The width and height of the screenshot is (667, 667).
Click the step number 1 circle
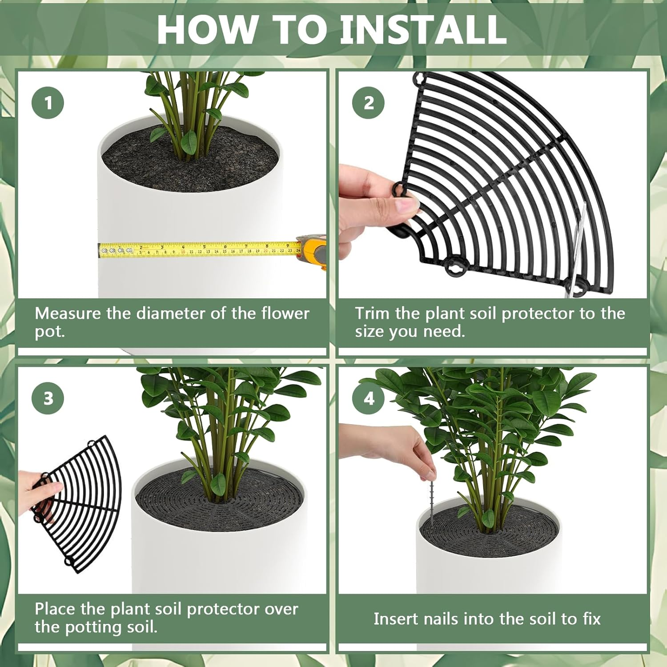pyautogui.click(x=48, y=103)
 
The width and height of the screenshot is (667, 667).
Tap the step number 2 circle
pyautogui.click(x=369, y=103)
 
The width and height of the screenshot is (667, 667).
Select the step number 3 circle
pyautogui.click(x=48, y=398)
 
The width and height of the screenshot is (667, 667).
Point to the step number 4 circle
pyautogui.click(x=369, y=398)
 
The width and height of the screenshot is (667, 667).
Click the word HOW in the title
pyautogui.click(x=206, y=30)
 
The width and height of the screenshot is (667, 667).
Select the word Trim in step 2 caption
pyautogui.click(x=372, y=313)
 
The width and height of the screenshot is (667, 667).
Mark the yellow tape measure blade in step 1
pyautogui.click(x=200, y=250)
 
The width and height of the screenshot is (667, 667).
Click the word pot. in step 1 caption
pyautogui.click(x=49, y=332)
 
